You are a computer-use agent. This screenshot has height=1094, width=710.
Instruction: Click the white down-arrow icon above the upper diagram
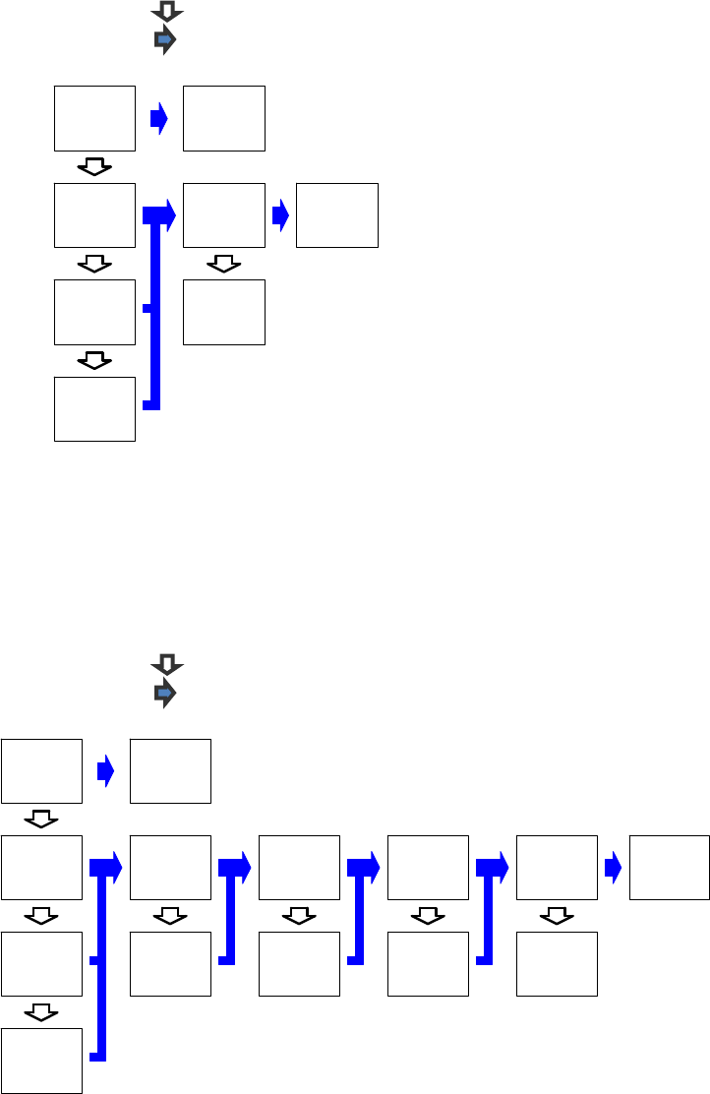(x=167, y=12)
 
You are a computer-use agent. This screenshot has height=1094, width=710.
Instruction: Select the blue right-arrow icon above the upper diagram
(x=165, y=40)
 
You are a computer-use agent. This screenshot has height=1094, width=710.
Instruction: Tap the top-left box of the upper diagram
(x=94, y=118)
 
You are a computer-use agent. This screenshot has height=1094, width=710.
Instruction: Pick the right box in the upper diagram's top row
(x=224, y=118)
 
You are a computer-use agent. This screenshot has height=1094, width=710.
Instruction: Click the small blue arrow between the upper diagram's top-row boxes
(x=158, y=119)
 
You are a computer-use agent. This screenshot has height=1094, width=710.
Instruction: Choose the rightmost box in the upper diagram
(x=337, y=215)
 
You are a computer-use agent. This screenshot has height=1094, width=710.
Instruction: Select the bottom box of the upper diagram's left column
(x=94, y=408)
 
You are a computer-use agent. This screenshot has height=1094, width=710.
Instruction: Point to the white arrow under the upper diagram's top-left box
(x=94, y=167)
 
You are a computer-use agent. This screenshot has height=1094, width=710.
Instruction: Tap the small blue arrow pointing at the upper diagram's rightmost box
(x=280, y=215)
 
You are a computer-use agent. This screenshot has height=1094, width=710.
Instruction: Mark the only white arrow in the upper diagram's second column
(x=224, y=264)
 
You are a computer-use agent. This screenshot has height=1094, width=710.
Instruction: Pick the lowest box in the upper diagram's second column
(x=224, y=312)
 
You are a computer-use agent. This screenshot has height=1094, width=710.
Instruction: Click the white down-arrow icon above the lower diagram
(x=167, y=665)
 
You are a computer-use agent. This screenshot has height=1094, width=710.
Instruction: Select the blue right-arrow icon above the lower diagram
(x=165, y=694)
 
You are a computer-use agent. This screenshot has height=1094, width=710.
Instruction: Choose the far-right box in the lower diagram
(x=670, y=867)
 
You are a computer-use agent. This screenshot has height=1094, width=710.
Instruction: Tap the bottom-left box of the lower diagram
(x=41, y=1061)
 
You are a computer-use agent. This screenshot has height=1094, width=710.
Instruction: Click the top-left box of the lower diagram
(x=41, y=771)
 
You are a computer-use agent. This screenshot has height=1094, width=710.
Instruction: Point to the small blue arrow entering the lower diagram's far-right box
(x=613, y=867)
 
